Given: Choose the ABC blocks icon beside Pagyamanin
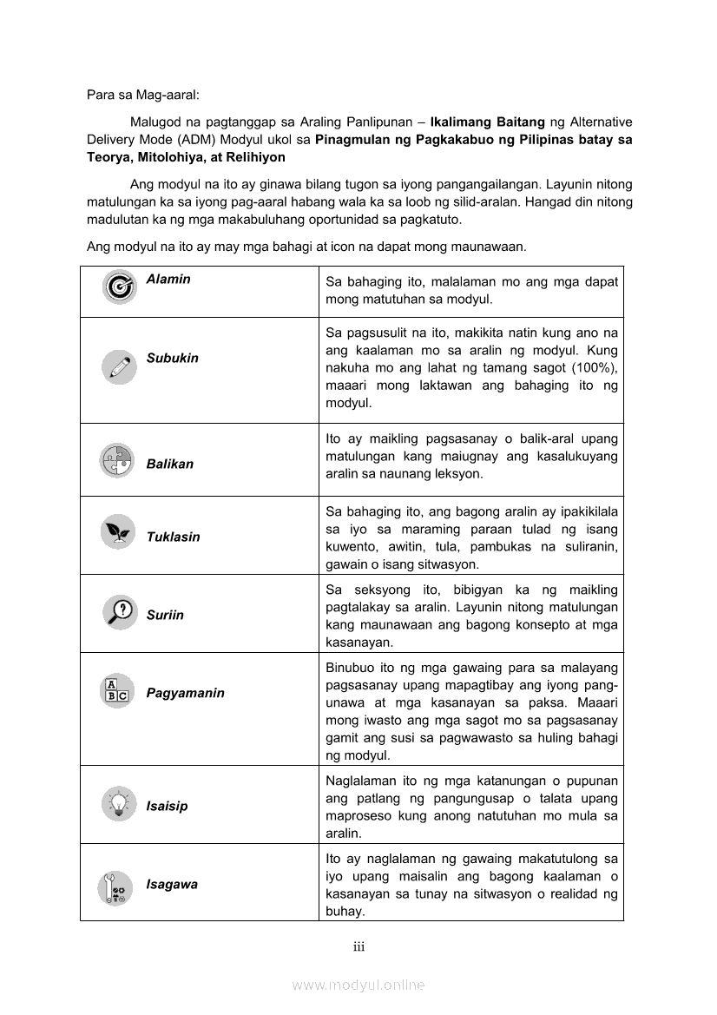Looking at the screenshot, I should click(x=116, y=689).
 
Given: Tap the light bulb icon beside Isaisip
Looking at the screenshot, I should click(x=116, y=802).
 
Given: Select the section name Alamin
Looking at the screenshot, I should click(x=168, y=280).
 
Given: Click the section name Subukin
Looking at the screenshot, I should click(x=172, y=358).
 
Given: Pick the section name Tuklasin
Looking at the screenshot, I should click(x=173, y=537).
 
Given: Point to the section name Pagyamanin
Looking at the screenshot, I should click(x=185, y=693).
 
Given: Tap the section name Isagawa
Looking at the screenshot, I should click(x=172, y=884).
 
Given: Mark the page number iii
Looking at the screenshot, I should click(x=358, y=946).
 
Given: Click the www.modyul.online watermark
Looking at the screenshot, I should click(x=358, y=985).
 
